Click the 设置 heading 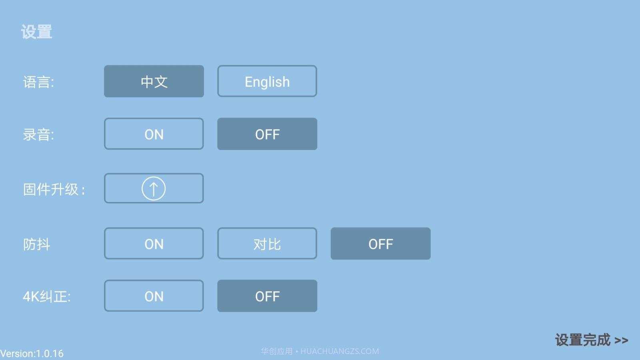pos(36,32)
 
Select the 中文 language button pos(154,81)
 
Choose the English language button pos(267,81)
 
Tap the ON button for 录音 pos(154,134)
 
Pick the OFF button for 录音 pos(267,134)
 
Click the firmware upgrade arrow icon pos(154,188)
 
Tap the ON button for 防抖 pos(154,244)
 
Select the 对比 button pos(267,244)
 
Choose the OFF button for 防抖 pos(380,244)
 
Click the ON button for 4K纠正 pos(154,296)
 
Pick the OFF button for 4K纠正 pos(267,296)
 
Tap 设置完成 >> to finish pos(592,340)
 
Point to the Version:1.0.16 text pos(32,354)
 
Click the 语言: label pos(38,82)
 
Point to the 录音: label pos(38,135)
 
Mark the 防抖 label pos(36,244)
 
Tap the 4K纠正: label pos(47,296)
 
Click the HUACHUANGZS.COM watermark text pos(340,351)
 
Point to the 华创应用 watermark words pos(276,351)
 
